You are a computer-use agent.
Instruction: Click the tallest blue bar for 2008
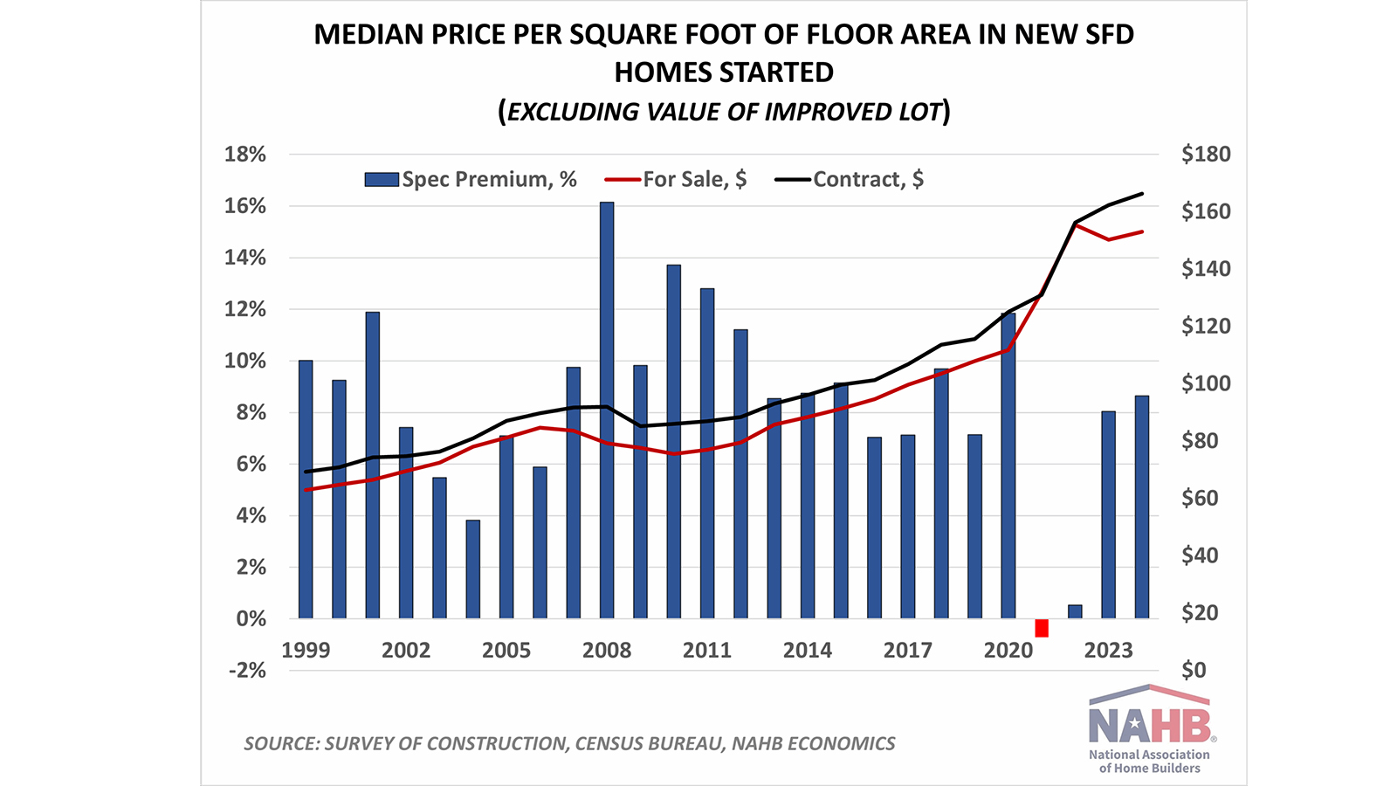(x=607, y=410)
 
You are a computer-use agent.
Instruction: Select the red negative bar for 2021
(x=1042, y=628)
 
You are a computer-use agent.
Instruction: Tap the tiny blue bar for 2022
(x=1075, y=611)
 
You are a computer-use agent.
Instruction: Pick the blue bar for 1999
(x=306, y=489)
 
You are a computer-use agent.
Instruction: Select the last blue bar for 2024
(x=1142, y=507)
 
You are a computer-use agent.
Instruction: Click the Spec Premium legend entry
(x=471, y=179)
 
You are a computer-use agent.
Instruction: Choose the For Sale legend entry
(x=677, y=179)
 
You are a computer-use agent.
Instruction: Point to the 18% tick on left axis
(x=245, y=155)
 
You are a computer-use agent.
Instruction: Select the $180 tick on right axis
(x=1206, y=155)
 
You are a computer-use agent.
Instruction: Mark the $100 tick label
(x=1206, y=383)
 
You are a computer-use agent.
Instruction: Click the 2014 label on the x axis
(x=808, y=651)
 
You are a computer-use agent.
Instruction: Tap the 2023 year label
(x=1109, y=651)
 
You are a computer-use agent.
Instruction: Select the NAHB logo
(x=1149, y=728)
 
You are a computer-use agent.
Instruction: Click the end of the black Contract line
(x=1143, y=194)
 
